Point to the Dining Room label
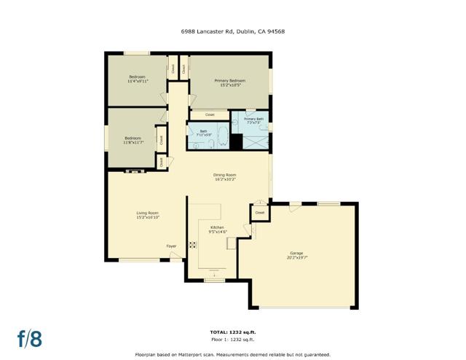pos(225,176)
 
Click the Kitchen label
pos(218,229)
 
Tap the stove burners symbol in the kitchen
pos(193,246)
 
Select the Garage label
pos(297,255)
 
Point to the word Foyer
pos(171,246)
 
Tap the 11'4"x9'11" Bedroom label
pos(137,79)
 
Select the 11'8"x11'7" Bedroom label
pos(133,140)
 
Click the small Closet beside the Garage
pos(259,213)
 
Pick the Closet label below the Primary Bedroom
pos(210,114)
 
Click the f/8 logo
pos(30,338)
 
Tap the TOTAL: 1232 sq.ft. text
pos(233,332)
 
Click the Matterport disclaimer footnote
pos(233,353)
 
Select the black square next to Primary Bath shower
pos(237,141)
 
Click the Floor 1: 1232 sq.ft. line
pos(233,340)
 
